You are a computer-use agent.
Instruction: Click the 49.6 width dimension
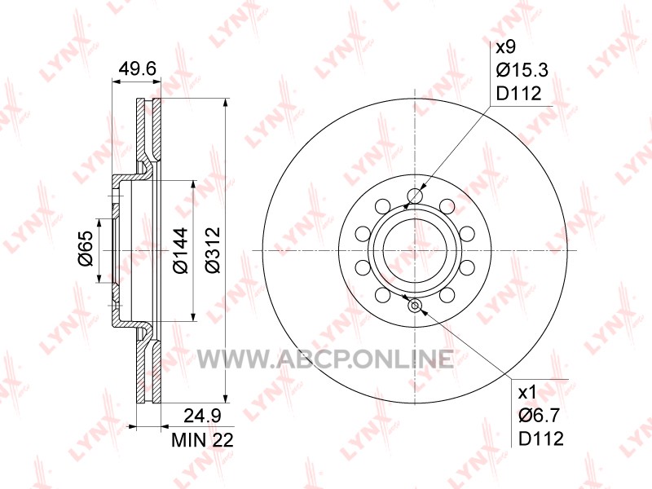click(x=137, y=68)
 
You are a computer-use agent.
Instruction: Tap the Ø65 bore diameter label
click(x=85, y=249)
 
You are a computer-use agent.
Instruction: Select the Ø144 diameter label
click(x=180, y=251)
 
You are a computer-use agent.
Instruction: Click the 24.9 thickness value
click(x=202, y=416)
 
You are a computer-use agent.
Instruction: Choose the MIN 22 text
click(x=202, y=439)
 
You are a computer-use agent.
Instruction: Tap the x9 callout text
click(x=506, y=47)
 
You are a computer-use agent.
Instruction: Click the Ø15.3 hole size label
click(x=522, y=70)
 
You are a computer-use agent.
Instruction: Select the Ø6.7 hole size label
click(x=540, y=415)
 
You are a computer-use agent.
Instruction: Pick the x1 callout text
click(x=527, y=392)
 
